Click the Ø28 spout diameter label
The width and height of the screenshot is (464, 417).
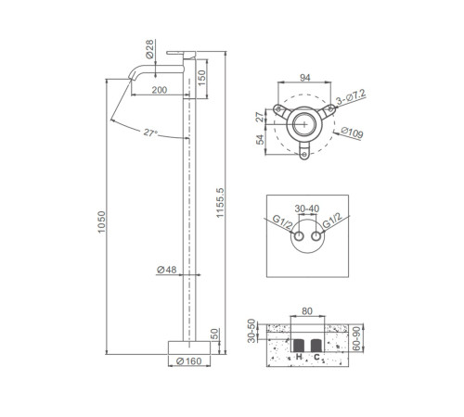(x=149, y=49)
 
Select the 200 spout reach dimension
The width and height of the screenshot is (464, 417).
(x=160, y=90)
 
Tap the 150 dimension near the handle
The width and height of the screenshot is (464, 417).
(x=201, y=78)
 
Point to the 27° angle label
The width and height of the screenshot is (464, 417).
(x=150, y=133)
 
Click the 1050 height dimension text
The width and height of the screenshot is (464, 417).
(x=101, y=222)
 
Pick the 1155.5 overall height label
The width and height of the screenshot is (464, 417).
(x=220, y=203)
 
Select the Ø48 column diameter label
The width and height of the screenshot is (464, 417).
(x=167, y=270)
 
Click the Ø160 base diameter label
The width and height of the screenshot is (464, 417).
(x=188, y=361)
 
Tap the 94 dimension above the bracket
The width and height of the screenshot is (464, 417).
(x=305, y=78)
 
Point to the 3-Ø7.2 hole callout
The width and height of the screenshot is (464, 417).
(x=351, y=96)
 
